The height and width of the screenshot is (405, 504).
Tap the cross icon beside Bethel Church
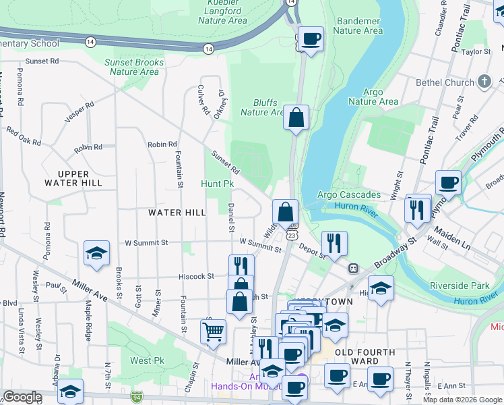pyautogui.click(x=484, y=82)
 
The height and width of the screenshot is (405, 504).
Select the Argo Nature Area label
pyautogui.click(x=373, y=97)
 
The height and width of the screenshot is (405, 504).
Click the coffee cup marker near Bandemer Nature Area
pyautogui.click(x=311, y=38)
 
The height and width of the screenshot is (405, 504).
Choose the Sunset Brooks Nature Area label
pyautogui.click(x=135, y=67)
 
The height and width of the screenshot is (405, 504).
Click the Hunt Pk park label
pyautogui.click(x=217, y=184)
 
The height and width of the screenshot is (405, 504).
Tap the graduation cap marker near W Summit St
pyautogui.click(x=96, y=254)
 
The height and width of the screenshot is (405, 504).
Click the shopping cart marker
pyautogui.click(x=213, y=331)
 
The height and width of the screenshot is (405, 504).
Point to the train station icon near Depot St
pyautogui.click(x=352, y=268)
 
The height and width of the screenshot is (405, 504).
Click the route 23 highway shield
pyautogui.click(x=291, y=234)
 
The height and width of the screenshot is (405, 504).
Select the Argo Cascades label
pyautogui.click(x=348, y=195)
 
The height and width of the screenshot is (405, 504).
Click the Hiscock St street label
pyautogui.click(x=196, y=276)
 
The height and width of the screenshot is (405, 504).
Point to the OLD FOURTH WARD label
pyautogui.click(x=366, y=356)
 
